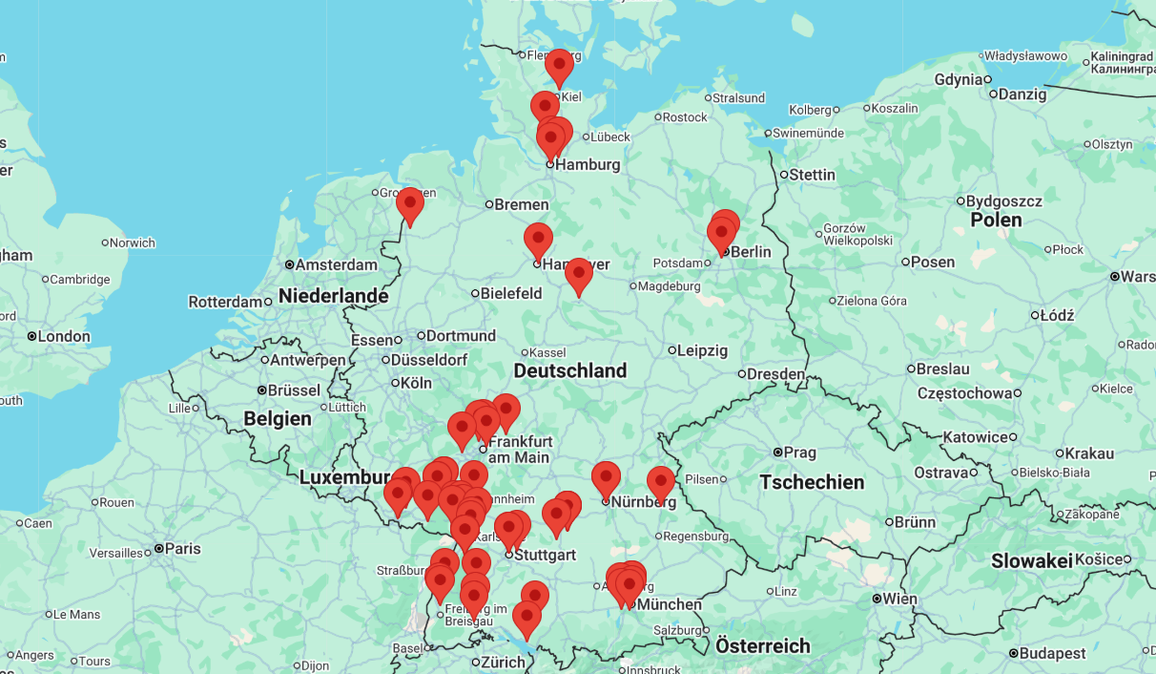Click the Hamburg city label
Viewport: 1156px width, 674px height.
(588, 164)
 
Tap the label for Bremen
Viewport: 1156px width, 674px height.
(521, 204)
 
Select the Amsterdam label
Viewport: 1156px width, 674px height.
(337, 264)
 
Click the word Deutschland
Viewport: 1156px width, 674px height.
(569, 370)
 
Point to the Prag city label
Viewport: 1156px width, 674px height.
(799, 452)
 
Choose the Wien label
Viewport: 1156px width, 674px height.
(899, 599)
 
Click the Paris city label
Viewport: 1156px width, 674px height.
(182, 549)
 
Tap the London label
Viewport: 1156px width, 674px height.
(64, 336)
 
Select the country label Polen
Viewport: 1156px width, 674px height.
(996, 220)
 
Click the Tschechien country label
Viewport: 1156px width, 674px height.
(812, 482)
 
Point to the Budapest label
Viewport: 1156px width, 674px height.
(1052, 653)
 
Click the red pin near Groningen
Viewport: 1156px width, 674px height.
(410, 204)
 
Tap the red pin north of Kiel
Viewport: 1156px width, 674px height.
(559, 66)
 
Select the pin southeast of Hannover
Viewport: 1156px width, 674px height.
(578, 275)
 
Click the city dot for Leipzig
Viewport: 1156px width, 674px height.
(672, 350)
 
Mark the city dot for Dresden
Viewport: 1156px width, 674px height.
(742, 374)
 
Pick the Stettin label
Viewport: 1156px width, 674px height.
(812, 175)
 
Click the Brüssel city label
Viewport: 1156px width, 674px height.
(295, 390)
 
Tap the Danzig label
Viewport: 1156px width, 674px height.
(1022, 94)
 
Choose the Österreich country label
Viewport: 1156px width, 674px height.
(762, 645)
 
